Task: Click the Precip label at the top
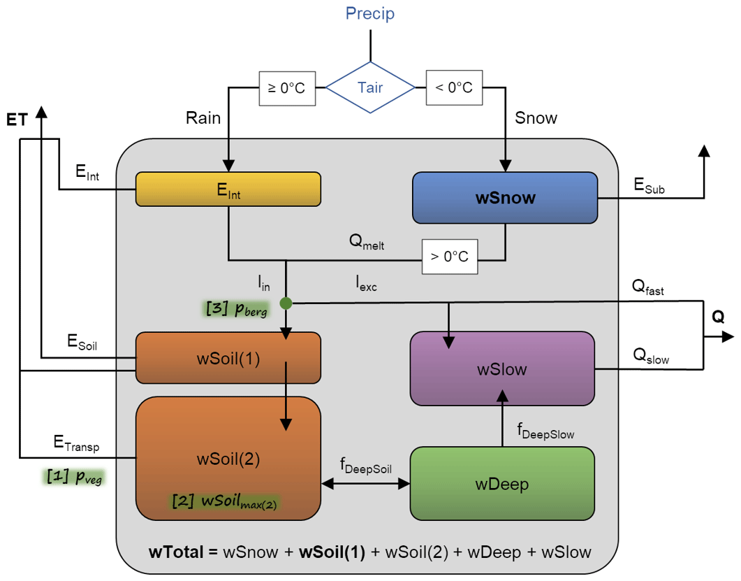pos(369,13)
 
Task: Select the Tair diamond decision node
pos(370,87)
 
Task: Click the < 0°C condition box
pos(454,88)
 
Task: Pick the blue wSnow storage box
pos(505,198)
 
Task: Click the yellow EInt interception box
pos(228,189)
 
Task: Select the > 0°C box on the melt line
pos(450,256)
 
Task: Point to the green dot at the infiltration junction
pos(286,303)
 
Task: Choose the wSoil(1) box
pos(228,358)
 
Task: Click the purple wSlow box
pos(501,368)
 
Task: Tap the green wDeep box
pos(501,483)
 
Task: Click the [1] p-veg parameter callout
pos(76,478)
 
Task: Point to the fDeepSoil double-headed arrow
pos(365,483)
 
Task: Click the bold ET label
pos(17,121)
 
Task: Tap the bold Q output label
pos(718,317)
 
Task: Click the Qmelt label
pos(367,243)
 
